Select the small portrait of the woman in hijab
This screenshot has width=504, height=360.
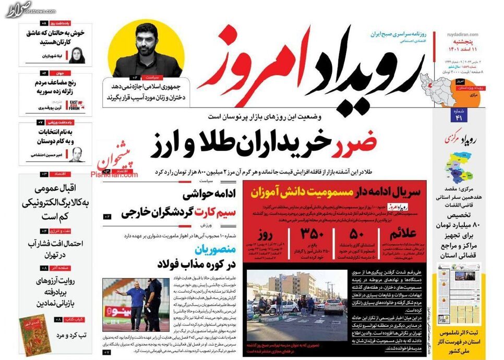[x=76, y=55]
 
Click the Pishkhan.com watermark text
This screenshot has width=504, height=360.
[x=114, y=175]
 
